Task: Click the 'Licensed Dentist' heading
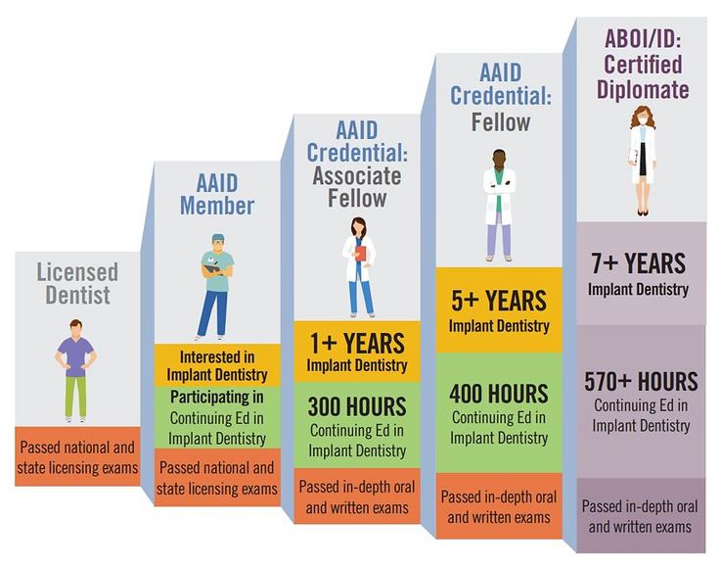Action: pyautogui.click(x=77, y=283)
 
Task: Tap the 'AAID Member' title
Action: pyautogui.click(x=217, y=195)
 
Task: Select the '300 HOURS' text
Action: pyautogui.click(x=357, y=406)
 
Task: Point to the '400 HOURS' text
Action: pyautogui.click(x=499, y=394)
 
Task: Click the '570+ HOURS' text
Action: pyautogui.click(x=641, y=381)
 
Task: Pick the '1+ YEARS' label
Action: pyautogui.click(x=357, y=343)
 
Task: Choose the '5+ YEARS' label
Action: pyautogui.click(x=499, y=301)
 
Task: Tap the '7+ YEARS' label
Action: pyautogui.click(x=638, y=263)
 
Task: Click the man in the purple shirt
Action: pyautogui.click(x=75, y=370)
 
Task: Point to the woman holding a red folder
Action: pyautogui.click(x=360, y=267)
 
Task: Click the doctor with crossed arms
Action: pyautogui.click(x=499, y=206)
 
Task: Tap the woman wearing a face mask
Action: pyautogui.click(x=643, y=161)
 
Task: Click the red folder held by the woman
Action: pyautogui.click(x=361, y=254)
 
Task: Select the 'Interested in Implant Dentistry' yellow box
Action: pyautogui.click(x=217, y=365)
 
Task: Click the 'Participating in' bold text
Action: pyautogui.click(x=217, y=397)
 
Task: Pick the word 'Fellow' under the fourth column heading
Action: pyautogui.click(x=501, y=122)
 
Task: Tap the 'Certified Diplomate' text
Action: pyautogui.click(x=643, y=77)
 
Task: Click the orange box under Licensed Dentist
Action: pyautogui.click(x=77, y=456)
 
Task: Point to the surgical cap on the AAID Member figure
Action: pyautogui.click(x=218, y=238)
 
